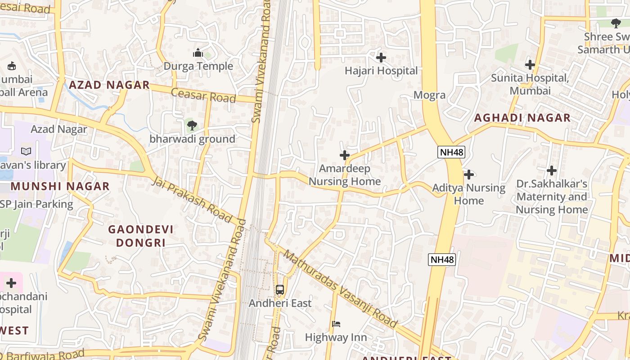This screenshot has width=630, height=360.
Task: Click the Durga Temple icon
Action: [198, 53]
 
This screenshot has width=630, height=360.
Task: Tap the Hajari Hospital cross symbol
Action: [381, 58]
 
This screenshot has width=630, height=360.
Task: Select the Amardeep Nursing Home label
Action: [345, 175]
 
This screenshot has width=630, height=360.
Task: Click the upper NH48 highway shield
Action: [451, 152]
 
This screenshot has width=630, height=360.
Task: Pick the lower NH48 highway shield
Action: [442, 259]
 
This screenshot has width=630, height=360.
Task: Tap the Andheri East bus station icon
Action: [280, 290]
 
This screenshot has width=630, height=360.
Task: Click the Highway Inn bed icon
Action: [336, 324]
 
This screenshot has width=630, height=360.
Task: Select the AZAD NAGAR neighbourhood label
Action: [109, 85]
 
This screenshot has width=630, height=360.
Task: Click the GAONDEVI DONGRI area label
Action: [141, 236]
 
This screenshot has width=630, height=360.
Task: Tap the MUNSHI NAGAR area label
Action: [60, 186]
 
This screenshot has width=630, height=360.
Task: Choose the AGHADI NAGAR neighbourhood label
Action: [522, 118]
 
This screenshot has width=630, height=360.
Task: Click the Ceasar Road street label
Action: [203, 95]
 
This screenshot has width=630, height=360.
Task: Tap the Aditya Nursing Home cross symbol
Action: [469, 174]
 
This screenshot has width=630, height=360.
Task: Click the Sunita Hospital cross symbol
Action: [530, 65]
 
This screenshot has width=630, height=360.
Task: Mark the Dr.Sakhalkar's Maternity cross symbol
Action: [552, 171]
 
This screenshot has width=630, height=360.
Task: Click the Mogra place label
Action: [429, 95]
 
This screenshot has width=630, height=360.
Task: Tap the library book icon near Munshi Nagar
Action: [26, 152]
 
